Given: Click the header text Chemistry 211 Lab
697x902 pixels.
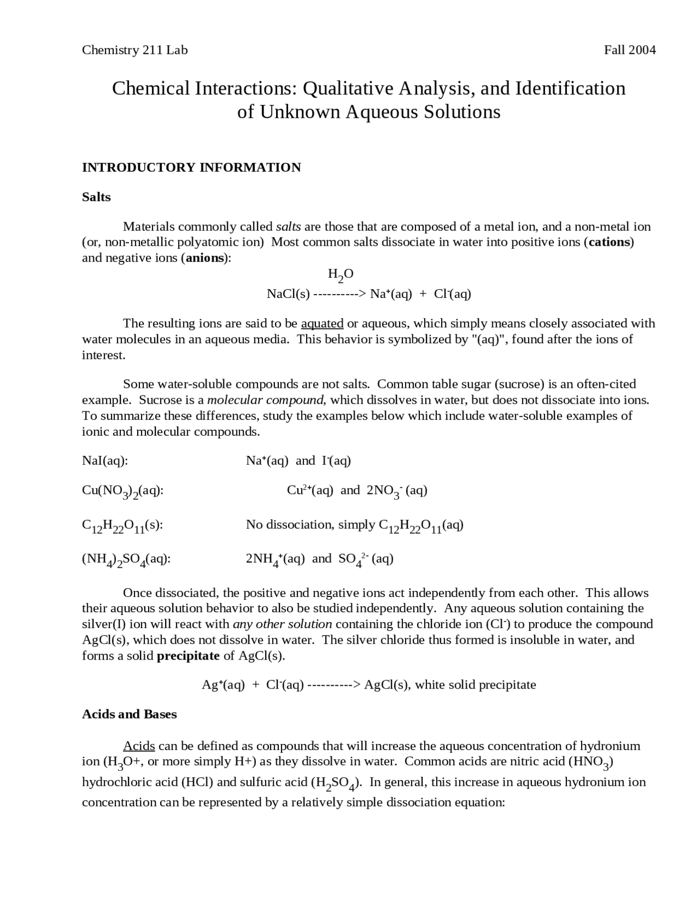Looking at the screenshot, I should [x=134, y=50].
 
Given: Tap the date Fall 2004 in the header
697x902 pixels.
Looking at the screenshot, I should [x=629, y=50].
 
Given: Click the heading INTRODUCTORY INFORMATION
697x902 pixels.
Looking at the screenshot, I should [x=191, y=167].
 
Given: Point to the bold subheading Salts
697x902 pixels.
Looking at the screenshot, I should [x=96, y=197].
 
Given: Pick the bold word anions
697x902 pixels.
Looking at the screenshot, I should [x=205, y=258].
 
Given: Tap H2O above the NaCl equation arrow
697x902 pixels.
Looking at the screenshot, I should [x=340, y=274].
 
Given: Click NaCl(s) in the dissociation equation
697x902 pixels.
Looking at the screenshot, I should [x=288, y=294].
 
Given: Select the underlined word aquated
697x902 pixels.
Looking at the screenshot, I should [x=322, y=324].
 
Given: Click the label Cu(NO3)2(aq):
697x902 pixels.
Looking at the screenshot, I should [x=123, y=491].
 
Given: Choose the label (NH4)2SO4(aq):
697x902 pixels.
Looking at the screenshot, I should [x=126, y=559].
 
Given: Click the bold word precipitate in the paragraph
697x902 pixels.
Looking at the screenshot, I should [x=188, y=655].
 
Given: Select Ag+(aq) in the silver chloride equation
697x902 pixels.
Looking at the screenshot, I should [x=223, y=685].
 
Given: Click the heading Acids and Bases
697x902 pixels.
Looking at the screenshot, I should [x=129, y=714].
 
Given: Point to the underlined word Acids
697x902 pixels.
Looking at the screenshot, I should [x=139, y=746].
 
